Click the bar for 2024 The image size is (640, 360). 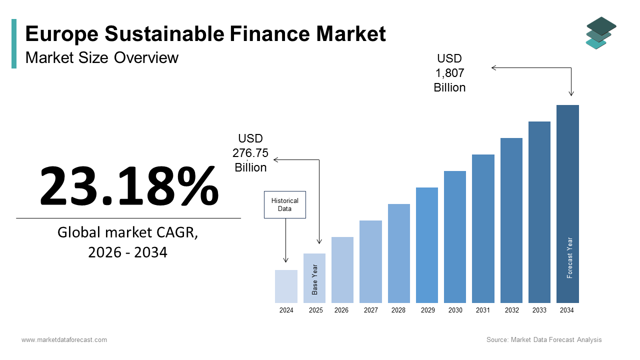(x=286, y=286)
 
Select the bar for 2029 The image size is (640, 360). (x=426, y=245)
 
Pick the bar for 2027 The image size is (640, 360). (x=370, y=261)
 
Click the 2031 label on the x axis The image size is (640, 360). (x=482, y=310)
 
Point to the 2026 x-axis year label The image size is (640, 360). (x=341, y=310)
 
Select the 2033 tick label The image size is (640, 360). (x=539, y=310)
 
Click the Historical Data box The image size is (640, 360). (x=284, y=204)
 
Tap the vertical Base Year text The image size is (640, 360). (x=315, y=279)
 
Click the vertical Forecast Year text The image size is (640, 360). (x=569, y=257)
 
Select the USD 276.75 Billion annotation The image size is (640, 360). (x=250, y=153)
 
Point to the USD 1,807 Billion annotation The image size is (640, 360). (x=449, y=73)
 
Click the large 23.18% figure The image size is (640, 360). (x=129, y=185)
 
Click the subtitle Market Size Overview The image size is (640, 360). (x=102, y=57)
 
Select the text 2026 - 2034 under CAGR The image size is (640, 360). (x=127, y=252)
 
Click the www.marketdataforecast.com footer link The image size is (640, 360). (x=64, y=340)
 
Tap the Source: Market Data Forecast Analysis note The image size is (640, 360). (x=544, y=340)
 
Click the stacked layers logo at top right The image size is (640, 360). (x=600, y=33)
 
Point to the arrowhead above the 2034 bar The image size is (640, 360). (x=571, y=93)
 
